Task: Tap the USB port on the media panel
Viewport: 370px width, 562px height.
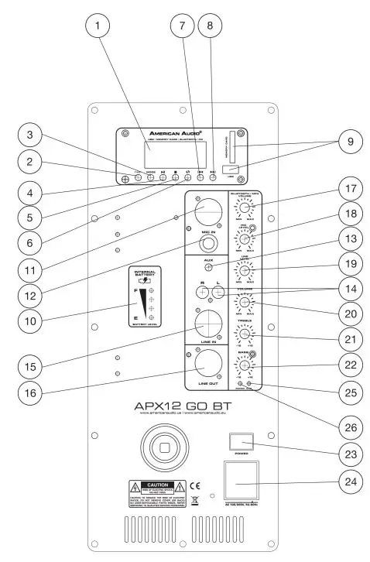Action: [228, 169]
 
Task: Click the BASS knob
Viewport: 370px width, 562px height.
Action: [244, 367]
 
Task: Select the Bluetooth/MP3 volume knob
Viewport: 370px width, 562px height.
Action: [244, 207]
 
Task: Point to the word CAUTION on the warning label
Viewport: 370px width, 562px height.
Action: [158, 483]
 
